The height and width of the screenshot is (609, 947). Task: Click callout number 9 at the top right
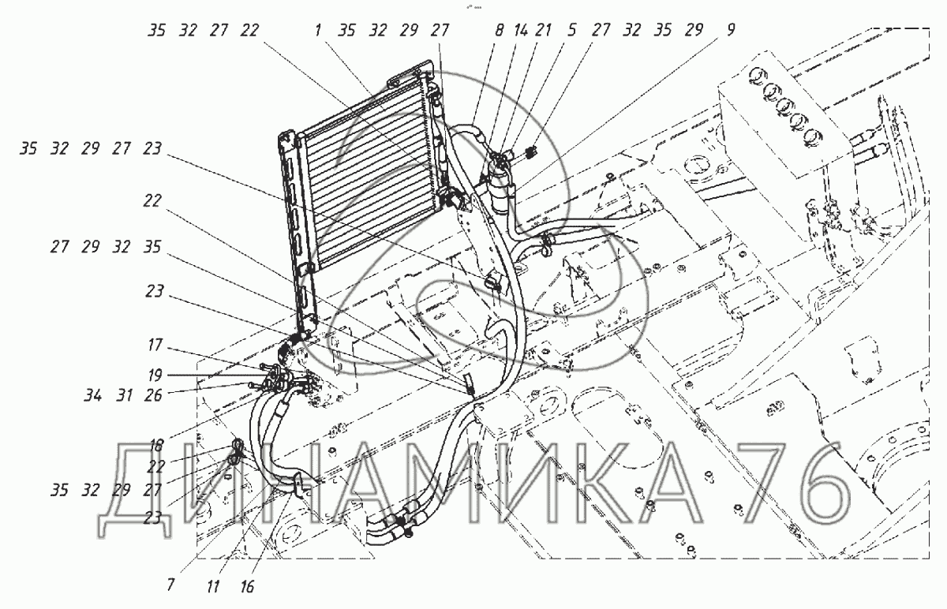point(731,31)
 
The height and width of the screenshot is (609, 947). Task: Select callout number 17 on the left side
point(154,345)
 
